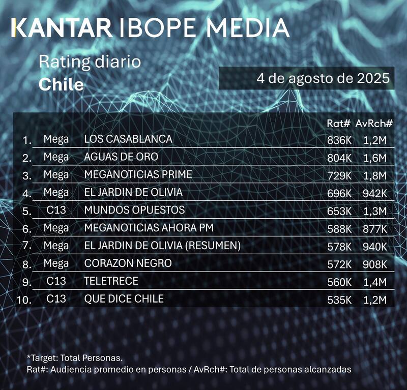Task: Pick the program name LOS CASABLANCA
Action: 128,139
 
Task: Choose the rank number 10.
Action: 24,300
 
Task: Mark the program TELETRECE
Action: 111,281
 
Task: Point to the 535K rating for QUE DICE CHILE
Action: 339,299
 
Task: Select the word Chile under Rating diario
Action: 61,84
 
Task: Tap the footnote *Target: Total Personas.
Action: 74,357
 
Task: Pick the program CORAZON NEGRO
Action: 128,263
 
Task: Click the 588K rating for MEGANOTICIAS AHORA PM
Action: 339,229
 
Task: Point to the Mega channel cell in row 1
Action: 56,139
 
